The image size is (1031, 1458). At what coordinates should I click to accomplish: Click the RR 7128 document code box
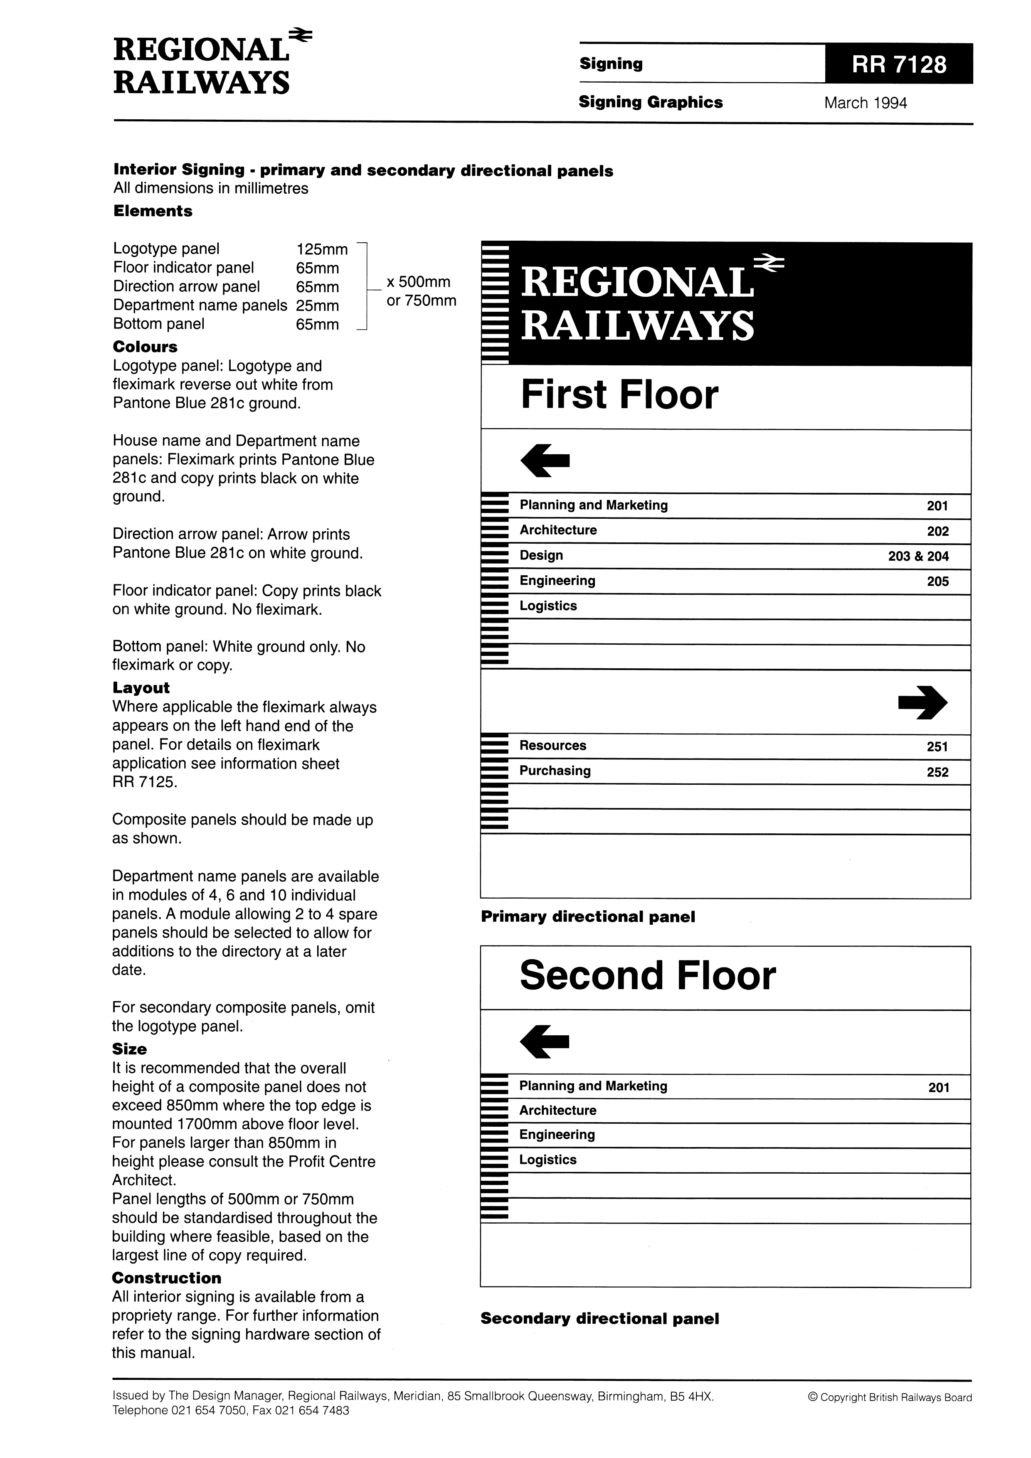(x=898, y=64)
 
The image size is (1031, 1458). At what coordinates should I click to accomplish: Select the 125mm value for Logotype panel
(x=321, y=249)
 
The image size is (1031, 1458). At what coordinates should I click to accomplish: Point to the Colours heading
(x=145, y=347)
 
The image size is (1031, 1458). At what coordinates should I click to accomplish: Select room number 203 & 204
(x=918, y=556)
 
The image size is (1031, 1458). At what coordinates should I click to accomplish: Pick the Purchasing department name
(x=555, y=771)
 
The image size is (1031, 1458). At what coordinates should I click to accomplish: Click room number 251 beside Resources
(x=937, y=747)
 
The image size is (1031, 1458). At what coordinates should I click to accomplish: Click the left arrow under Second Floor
(x=545, y=1042)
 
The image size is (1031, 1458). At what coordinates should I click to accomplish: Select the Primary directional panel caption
(x=587, y=916)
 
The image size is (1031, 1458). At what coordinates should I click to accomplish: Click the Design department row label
(x=541, y=556)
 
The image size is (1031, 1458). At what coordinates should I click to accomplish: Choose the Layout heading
(x=141, y=688)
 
